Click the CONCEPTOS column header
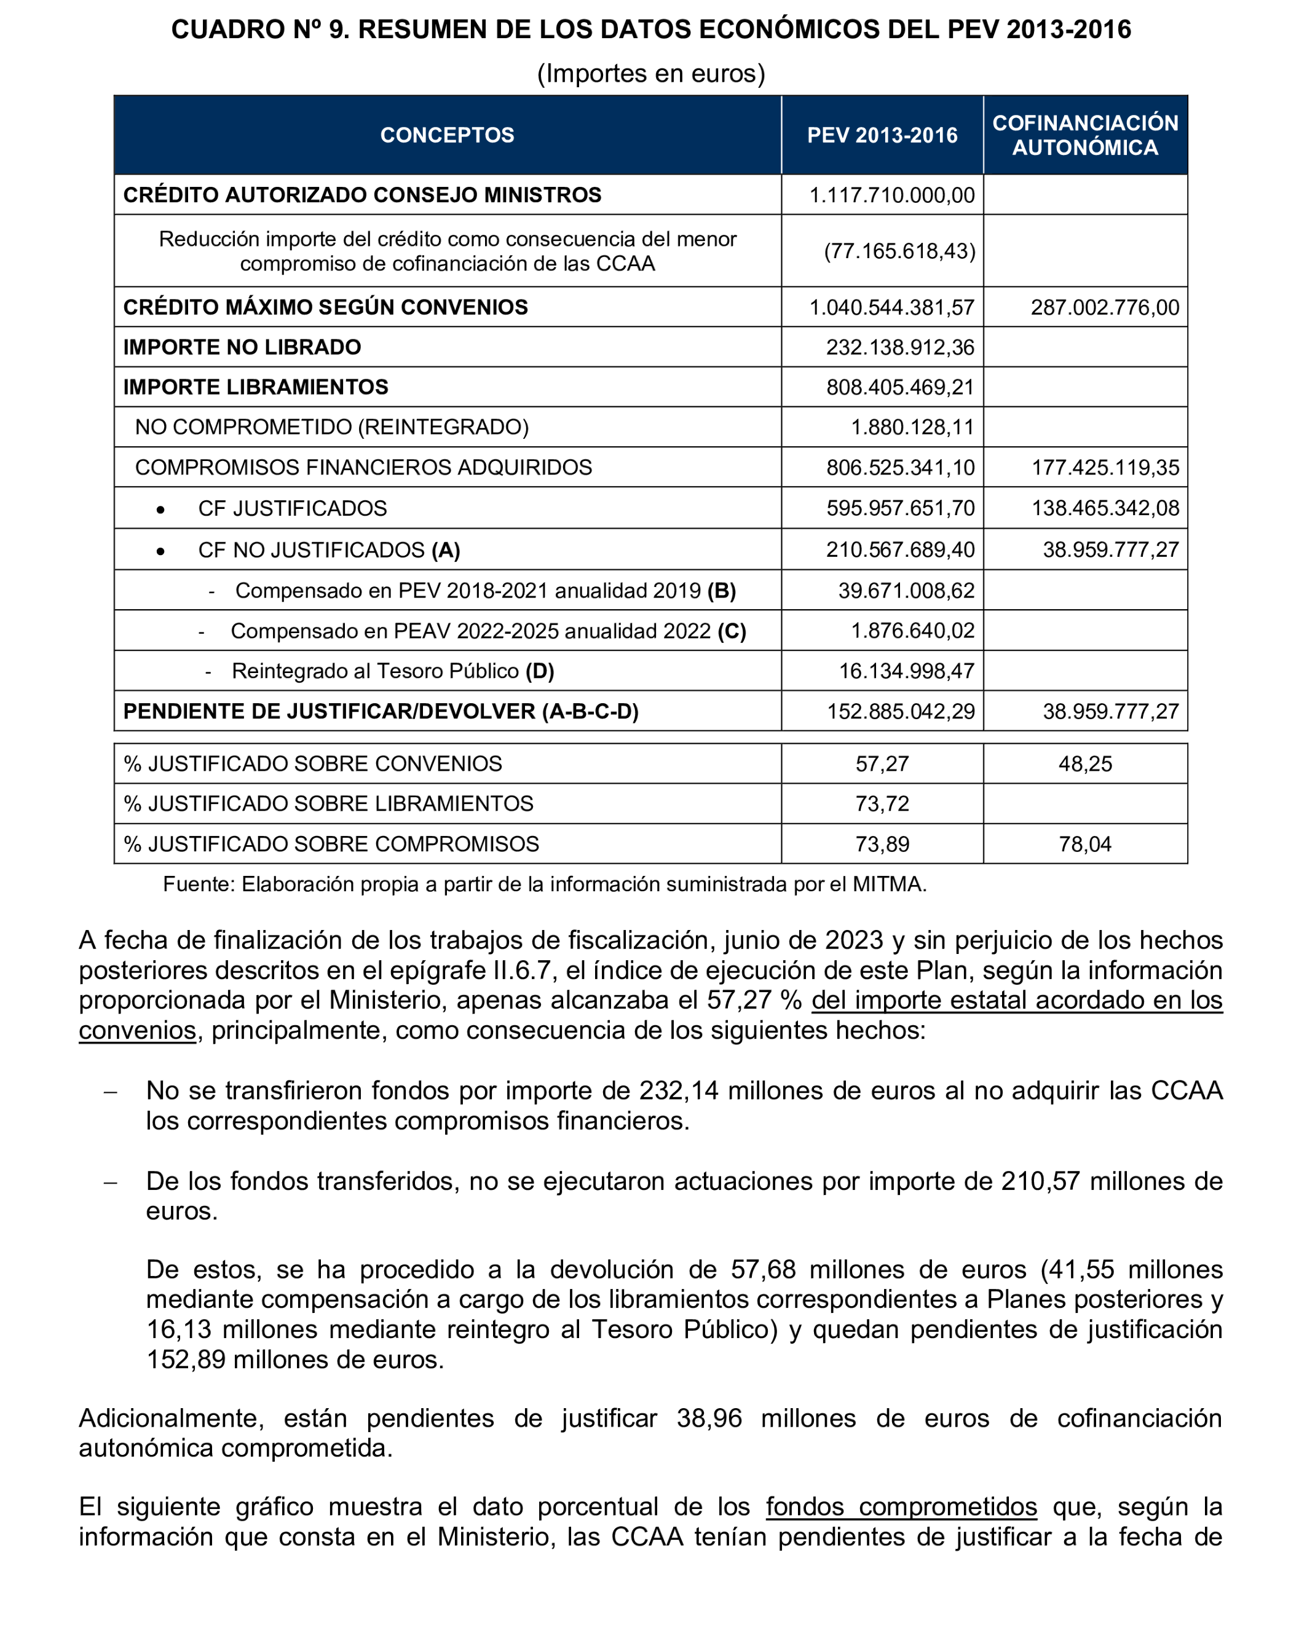click(x=447, y=135)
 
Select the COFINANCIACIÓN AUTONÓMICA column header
click(x=1084, y=135)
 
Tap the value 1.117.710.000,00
click(x=892, y=195)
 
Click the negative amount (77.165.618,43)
click(x=899, y=251)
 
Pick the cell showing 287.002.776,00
click(x=1104, y=308)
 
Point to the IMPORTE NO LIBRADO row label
click(x=242, y=347)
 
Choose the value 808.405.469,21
click(x=900, y=387)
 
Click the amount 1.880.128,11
click(x=912, y=427)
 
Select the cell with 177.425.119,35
click(x=1105, y=468)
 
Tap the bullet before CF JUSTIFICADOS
click(x=160, y=510)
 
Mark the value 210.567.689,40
click(x=900, y=550)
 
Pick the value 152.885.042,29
click(x=900, y=712)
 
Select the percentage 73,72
click(x=882, y=804)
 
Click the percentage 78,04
click(x=1084, y=845)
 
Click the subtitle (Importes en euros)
click(x=650, y=73)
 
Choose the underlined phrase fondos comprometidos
click(x=901, y=1507)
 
